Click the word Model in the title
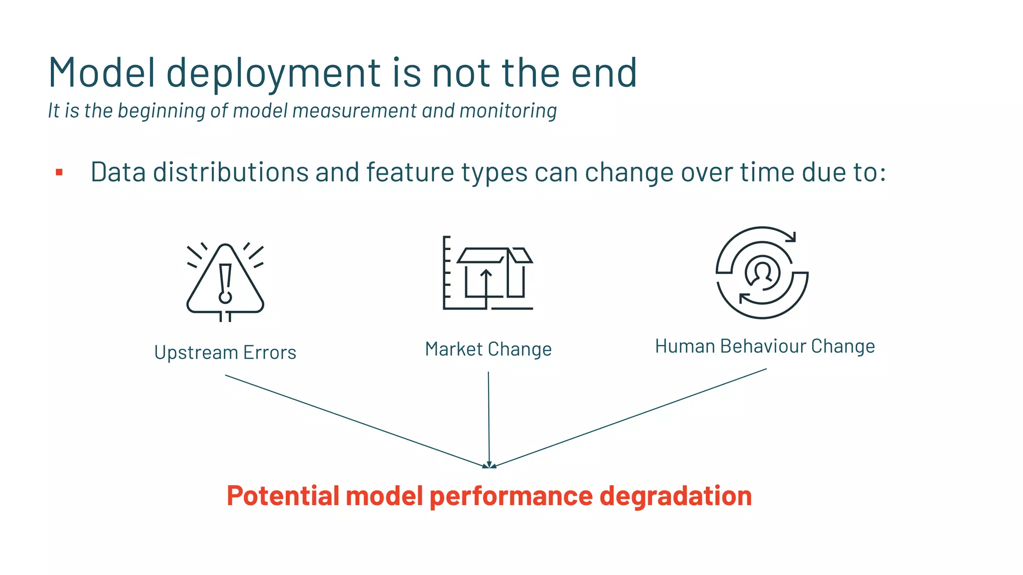pyautogui.click(x=102, y=73)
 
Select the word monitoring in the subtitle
pyautogui.click(x=508, y=111)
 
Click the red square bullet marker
pyautogui.click(x=59, y=173)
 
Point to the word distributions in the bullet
pyautogui.click(x=231, y=172)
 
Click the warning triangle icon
pyautogui.click(x=225, y=282)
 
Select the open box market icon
pyautogui.click(x=488, y=273)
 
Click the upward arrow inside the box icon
pyautogui.click(x=486, y=287)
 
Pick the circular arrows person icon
pyautogui.click(x=762, y=273)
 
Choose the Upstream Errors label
pyautogui.click(x=225, y=352)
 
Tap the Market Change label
pyautogui.click(x=488, y=349)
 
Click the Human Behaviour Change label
pyautogui.click(x=765, y=346)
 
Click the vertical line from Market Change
pyautogui.click(x=489, y=419)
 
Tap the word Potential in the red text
pyautogui.click(x=283, y=496)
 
